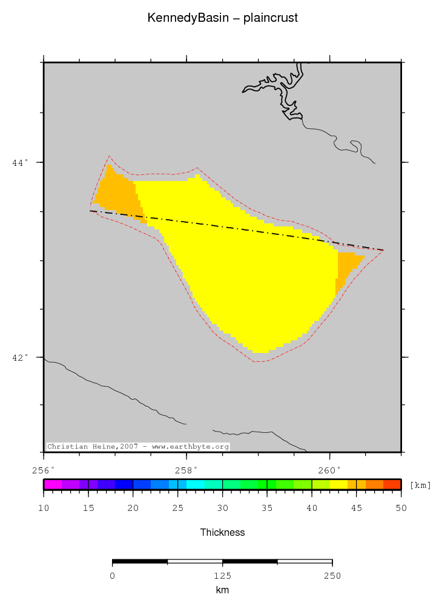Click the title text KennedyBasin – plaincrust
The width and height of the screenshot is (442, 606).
[222, 18]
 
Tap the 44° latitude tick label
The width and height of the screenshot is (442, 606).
[20, 163]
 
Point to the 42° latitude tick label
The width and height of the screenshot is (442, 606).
[20, 357]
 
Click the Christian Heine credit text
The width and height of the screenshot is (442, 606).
[138, 447]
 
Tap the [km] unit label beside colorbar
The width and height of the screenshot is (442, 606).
[420, 485]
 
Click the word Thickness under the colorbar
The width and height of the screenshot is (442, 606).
[222, 533]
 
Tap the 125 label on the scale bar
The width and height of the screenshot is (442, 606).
[222, 576]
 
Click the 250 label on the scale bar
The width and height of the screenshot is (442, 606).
[332, 576]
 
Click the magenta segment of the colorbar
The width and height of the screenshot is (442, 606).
[52, 484]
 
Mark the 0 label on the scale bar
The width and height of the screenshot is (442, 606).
[113, 576]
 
